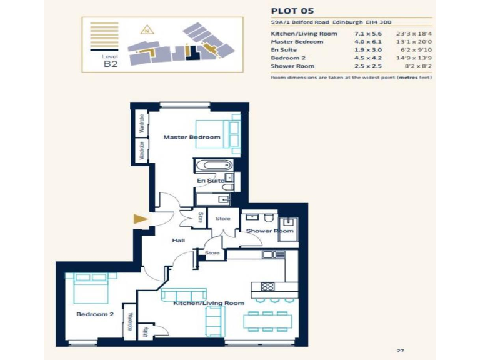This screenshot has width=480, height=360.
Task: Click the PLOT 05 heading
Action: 292,11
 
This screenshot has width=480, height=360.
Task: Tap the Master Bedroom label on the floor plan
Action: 191,137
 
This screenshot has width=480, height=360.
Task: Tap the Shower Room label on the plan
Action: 269,231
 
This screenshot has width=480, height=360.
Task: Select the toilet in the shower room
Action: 267,218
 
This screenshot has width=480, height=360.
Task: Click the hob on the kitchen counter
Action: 267,287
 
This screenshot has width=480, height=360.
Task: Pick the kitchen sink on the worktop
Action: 269,254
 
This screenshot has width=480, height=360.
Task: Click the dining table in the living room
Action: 267,322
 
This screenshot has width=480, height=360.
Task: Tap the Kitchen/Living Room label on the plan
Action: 209,303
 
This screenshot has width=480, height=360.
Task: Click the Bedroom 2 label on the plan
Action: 95,314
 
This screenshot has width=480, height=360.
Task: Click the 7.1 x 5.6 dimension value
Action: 364,33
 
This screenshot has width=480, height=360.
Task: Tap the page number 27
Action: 401,351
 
